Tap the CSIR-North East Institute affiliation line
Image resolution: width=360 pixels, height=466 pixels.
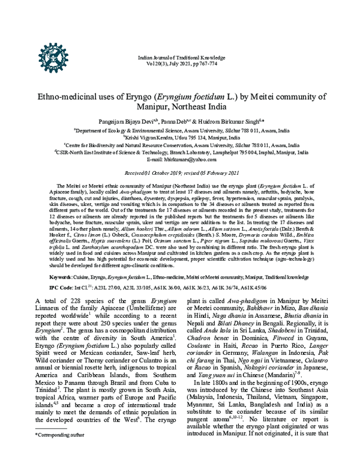(x=179, y=152)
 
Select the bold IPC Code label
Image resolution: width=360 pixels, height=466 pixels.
(x=62, y=288)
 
